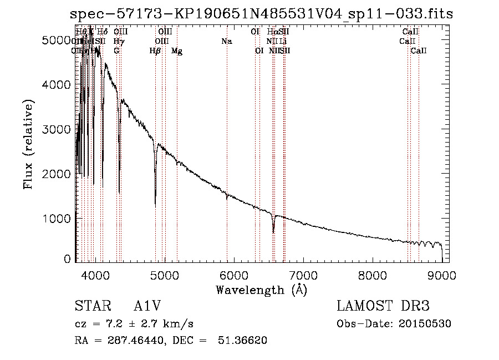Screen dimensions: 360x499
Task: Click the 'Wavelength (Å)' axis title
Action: coord(261,290)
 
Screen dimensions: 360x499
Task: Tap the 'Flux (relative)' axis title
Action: coord(29,144)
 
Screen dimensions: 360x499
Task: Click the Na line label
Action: coord(226,41)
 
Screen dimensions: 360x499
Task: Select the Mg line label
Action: coord(177,50)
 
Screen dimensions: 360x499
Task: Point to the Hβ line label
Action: coord(155,50)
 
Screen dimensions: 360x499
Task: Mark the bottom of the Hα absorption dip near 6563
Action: coord(273,232)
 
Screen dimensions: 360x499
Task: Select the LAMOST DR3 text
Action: coord(383,307)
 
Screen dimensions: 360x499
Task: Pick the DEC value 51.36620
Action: coord(246,341)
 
